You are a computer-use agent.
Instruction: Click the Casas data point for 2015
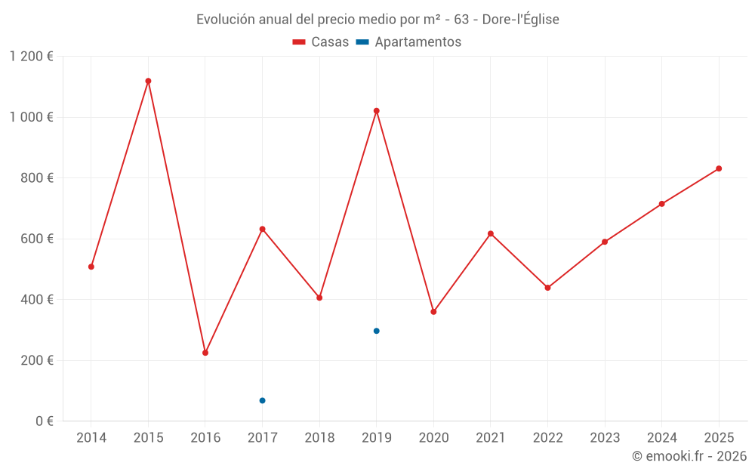click(148, 81)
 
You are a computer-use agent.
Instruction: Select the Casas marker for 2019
click(377, 111)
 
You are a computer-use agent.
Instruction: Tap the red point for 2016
click(205, 353)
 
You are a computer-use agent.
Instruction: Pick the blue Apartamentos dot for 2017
click(262, 400)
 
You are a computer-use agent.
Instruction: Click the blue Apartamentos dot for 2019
click(377, 331)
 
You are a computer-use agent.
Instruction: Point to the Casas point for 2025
click(719, 168)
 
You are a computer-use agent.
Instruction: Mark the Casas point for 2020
click(433, 312)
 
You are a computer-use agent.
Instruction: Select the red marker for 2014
click(91, 267)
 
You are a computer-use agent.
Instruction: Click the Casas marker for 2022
click(547, 288)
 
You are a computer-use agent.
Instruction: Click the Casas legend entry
click(321, 42)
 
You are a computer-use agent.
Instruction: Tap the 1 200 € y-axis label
click(32, 57)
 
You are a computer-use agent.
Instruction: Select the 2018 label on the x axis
click(319, 438)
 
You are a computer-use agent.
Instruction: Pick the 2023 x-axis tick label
click(605, 438)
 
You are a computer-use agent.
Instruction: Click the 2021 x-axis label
click(491, 438)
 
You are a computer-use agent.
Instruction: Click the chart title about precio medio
click(377, 20)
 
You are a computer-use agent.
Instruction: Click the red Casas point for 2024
click(661, 204)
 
